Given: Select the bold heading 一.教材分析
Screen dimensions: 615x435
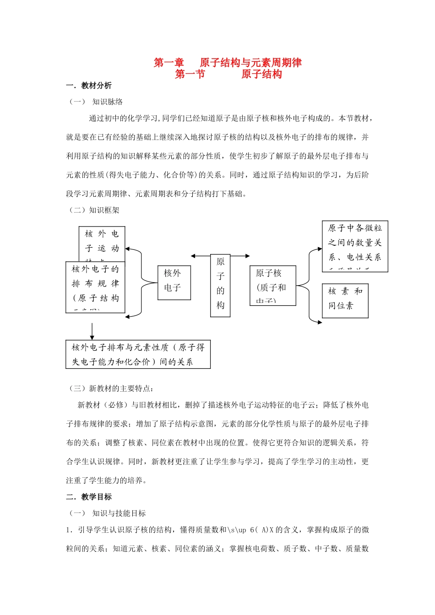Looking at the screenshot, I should (x=89, y=86).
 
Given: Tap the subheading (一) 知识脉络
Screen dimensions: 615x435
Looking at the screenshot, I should (x=96, y=102).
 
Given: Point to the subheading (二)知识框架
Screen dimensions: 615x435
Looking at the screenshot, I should (x=94, y=210).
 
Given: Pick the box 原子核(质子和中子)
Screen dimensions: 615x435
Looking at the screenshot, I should (x=272, y=285).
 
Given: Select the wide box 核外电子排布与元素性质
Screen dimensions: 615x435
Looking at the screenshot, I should (x=138, y=354).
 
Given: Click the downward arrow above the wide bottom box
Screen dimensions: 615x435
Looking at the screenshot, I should (x=92, y=332).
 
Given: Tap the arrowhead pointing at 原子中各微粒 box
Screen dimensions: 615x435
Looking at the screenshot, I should (x=320, y=249).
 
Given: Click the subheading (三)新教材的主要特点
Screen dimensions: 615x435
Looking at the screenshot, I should (x=111, y=388).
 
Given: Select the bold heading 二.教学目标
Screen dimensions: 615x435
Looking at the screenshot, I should (x=89, y=497).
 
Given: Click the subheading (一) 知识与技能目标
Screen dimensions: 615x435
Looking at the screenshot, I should (x=108, y=513).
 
